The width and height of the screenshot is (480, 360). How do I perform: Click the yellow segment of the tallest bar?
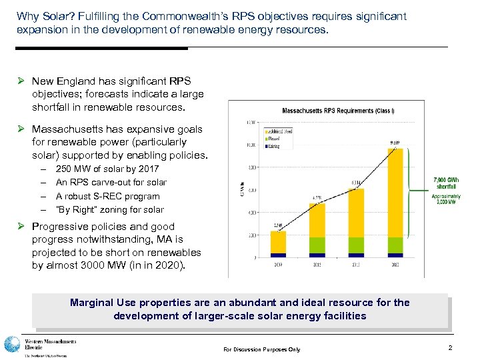[395, 193]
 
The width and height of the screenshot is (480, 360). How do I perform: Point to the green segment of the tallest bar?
[395, 245]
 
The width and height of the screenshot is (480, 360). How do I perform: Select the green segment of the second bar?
[317, 245]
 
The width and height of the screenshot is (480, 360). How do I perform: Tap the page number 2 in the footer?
[450, 348]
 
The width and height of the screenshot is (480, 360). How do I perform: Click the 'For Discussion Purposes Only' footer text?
[262, 349]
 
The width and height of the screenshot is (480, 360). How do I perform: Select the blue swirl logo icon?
[12, 345]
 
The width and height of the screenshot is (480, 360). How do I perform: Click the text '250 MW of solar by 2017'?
[107, 169]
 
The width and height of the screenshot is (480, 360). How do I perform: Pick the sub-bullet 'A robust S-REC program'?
[108, 196]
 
